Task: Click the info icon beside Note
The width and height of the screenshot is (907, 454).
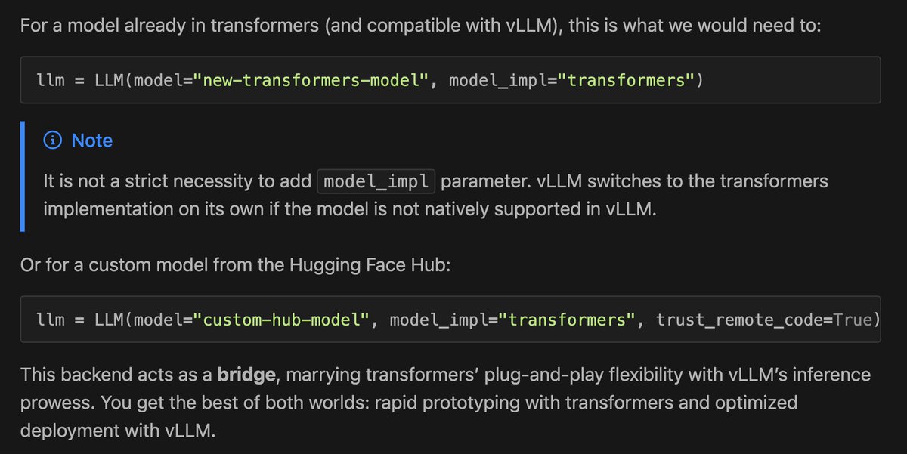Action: coord(53,141)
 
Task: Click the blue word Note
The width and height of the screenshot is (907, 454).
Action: coord(92,141)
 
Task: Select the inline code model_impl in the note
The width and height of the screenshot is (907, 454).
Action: coord(376,182)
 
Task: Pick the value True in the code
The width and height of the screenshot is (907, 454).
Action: coord(853,320)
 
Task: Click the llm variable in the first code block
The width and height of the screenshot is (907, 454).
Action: coord(51,79)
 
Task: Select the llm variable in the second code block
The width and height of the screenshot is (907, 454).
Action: coord(51,320)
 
